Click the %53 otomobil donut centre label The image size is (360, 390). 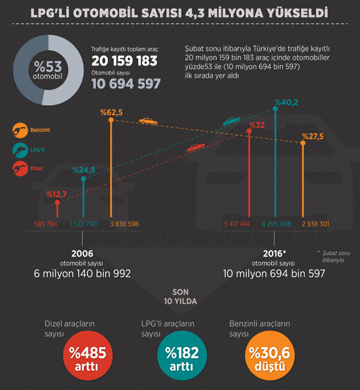click(48, 70)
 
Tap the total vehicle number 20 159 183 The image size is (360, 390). click(125, 61)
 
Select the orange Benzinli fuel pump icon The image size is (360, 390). click(20, 130)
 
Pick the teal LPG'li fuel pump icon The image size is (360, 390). click(20, 151)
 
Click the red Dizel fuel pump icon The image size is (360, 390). click(20, 169)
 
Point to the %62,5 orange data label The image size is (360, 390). click(112, 112)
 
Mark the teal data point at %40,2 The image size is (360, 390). click(275, 108)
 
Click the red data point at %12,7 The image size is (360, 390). click(58, 202)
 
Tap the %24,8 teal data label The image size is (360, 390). click(84, 170)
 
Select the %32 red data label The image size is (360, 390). click(257, 125)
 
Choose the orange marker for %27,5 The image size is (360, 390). click(303, 143)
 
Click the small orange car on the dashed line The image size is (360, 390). click(148, 121)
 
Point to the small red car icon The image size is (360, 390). click(196, 147)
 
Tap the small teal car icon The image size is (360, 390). click(232, 121)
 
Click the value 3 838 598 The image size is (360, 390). click(125, 224)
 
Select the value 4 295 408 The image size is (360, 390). click(276, 224)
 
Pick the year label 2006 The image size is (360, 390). click(82, 254)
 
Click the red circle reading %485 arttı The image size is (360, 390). click(88, 355)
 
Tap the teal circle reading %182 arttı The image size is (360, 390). click(182, 355)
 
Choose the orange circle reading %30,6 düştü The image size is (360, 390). click(270, 355)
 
